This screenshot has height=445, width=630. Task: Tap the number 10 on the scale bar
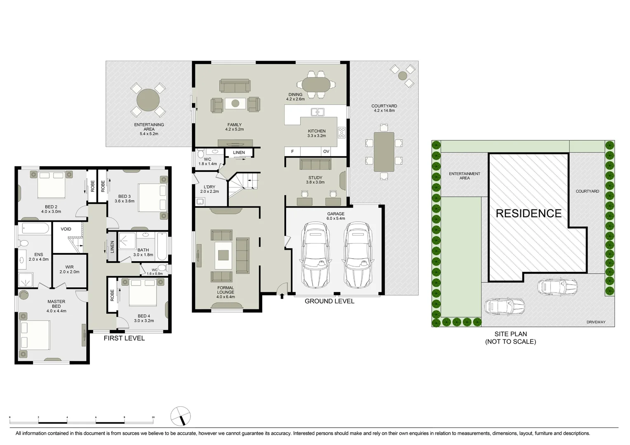click(153, 417)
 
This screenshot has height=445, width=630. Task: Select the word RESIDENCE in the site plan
click(529, 213)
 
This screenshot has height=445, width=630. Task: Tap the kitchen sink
click(317, 112)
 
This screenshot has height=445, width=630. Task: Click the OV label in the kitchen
click(326, 152)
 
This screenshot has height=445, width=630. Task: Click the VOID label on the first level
click(66, 229)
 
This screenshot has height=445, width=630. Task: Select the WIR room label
click(69, 267)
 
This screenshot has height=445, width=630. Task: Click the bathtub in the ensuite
click(35, 228)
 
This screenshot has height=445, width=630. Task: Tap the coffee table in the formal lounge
click(223, 255)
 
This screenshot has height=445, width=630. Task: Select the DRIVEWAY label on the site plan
click(596, 322)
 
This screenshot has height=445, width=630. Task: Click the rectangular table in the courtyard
click(384, 152)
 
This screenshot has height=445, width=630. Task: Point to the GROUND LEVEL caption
click(329, 301)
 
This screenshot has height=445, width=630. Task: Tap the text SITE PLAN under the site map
click(510, 334)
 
